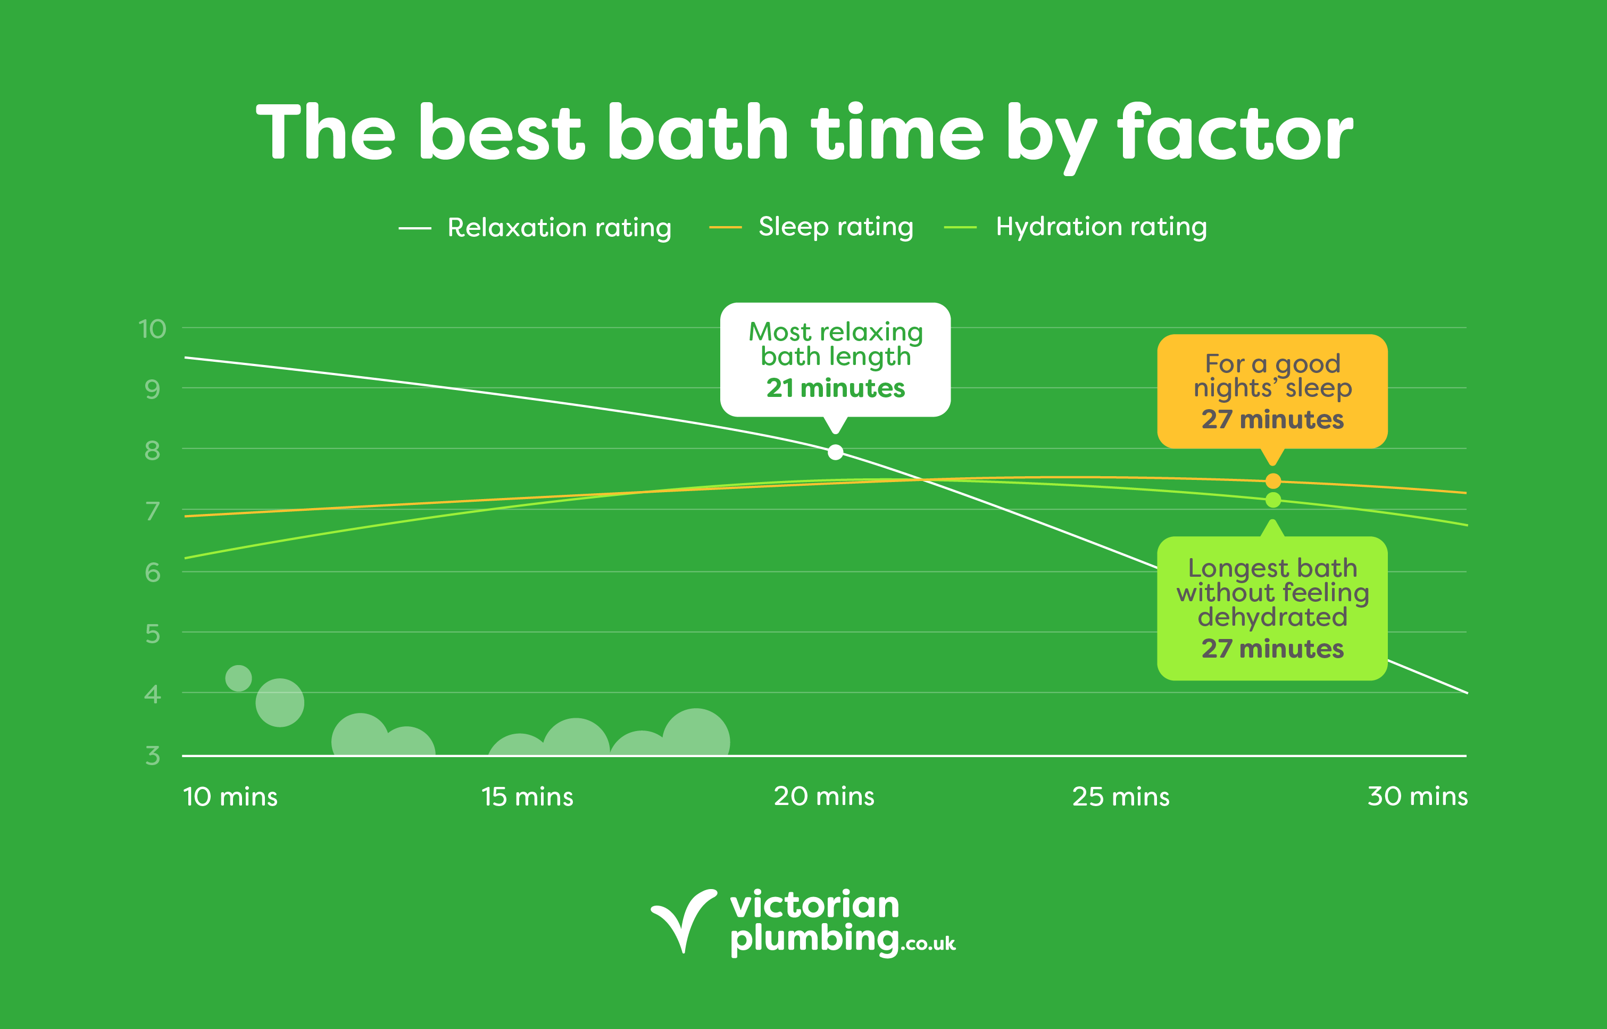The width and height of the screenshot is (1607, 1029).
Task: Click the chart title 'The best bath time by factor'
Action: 804,134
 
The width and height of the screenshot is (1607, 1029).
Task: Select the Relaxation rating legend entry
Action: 535,228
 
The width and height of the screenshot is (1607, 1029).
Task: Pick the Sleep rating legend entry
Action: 811,227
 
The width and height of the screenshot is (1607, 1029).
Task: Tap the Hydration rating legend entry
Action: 1076,227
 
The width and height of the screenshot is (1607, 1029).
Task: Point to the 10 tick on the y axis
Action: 152,329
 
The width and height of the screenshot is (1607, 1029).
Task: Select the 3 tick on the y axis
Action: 152,756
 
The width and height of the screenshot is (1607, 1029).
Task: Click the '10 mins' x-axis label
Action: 230,796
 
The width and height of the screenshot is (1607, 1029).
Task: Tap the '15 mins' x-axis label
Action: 527,796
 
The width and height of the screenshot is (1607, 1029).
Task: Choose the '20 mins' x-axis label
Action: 824,796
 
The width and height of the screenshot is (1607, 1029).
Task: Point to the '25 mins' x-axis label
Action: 1121,796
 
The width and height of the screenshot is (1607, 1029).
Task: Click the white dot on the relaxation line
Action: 836,452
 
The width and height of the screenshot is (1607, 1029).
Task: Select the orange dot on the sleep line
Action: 1273,481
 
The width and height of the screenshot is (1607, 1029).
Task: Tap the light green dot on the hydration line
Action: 1273,500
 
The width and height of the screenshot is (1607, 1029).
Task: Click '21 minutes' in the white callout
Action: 836,387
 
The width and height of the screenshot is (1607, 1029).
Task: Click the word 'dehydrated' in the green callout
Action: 1272,617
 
